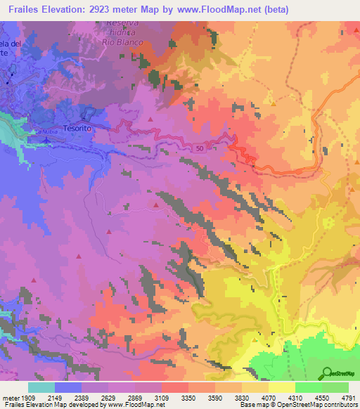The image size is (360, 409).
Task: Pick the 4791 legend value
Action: [349, 397]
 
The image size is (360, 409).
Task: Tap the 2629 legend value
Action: [109, 397]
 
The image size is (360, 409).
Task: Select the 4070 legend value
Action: [269, 397]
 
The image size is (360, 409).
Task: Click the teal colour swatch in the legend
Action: [41, 387]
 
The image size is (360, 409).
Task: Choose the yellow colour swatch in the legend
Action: [281, 387]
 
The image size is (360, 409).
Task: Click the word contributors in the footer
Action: [340, 405]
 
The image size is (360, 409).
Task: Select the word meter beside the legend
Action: [11, 397]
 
